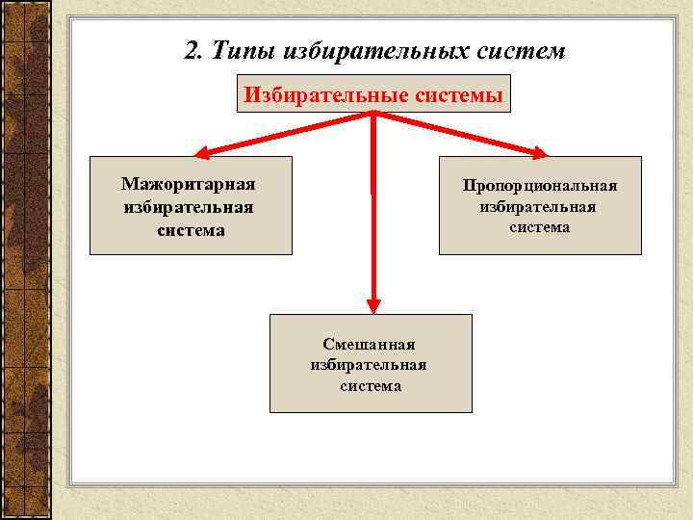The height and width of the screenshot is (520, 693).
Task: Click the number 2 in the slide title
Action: pos(190,50)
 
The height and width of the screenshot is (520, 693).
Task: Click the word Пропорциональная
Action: pos(539,184)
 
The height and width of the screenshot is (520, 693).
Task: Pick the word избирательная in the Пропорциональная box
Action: pos(539,206)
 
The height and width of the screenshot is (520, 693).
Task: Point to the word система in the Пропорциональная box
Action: pos(539,227)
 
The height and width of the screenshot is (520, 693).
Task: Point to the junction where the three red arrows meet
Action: pos(373,116)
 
